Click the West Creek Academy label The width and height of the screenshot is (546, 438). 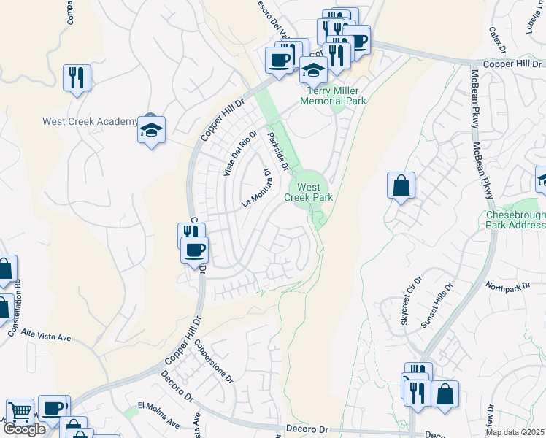90,121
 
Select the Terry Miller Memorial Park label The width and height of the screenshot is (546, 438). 336,96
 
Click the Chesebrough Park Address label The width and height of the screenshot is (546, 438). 515,220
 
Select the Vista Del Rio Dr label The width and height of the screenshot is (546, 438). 240,154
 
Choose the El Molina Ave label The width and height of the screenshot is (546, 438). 158,415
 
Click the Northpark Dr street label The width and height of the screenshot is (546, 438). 506,288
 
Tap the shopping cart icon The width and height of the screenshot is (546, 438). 20,412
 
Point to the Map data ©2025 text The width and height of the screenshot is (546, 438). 515,432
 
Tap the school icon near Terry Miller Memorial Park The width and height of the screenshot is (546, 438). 313,71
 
